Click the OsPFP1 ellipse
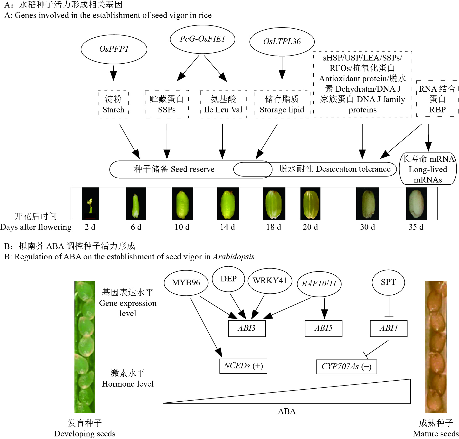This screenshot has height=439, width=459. tap(114, 49)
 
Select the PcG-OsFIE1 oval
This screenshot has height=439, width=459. tap(202, 39)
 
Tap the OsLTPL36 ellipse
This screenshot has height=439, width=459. tap(282, 42)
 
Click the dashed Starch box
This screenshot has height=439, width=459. tap(113, 104)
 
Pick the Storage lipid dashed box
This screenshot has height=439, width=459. tap(282, 104)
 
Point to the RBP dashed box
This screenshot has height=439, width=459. tap(437, 99)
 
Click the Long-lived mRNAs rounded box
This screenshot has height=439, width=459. tap(428, 169)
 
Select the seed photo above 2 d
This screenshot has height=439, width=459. tap(90, 204)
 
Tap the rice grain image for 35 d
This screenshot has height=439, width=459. tap(416, 204)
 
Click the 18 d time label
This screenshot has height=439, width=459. tap(273, 227)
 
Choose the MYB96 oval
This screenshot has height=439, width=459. tap(186, 282)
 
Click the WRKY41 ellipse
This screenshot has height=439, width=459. tap(270, 281)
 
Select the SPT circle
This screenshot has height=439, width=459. tap(388, 282)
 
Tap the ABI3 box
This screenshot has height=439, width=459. tap(247, 328)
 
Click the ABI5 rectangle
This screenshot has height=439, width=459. tap(323, 328)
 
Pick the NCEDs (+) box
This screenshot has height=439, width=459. tap(243, 366)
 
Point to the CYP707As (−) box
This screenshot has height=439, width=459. tap(346, 367)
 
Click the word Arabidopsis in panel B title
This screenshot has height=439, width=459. tap(234, 257)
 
